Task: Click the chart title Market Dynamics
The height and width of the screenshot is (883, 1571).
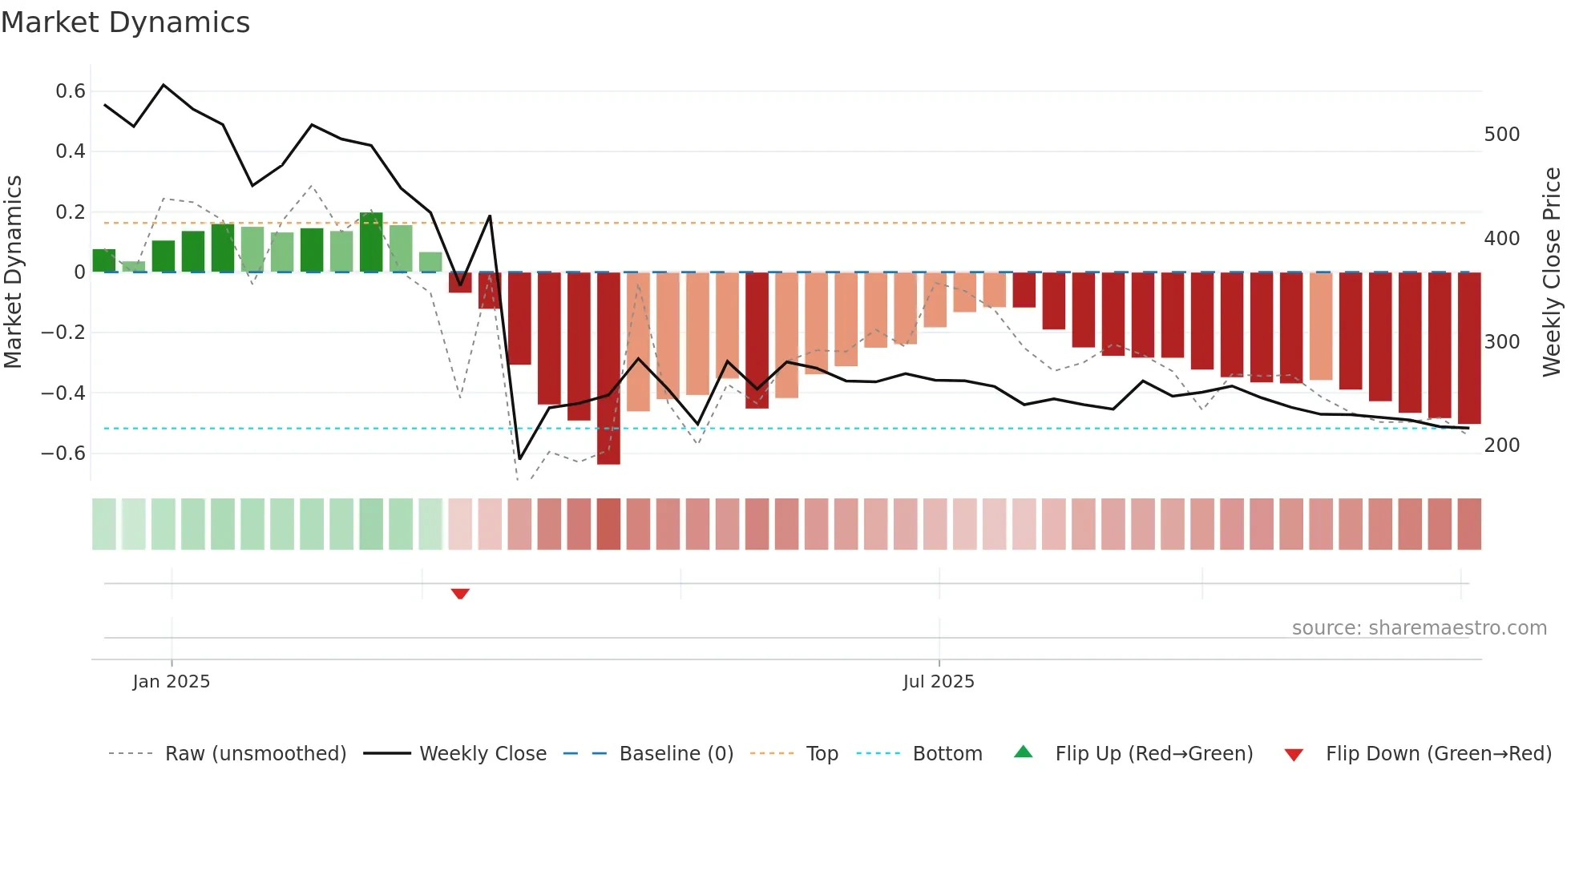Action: click(125, 22)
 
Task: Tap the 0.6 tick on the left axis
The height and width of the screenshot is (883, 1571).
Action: click(71, 91)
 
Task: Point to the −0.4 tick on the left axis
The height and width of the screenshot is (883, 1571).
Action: click(63, 393)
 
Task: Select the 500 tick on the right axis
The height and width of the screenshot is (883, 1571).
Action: click(1501, 135)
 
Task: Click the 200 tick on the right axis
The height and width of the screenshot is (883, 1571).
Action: click(1501, 446)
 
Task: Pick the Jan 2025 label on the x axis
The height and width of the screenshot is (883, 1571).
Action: click(172, 682)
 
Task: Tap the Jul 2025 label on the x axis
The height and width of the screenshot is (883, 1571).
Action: click(939, 682)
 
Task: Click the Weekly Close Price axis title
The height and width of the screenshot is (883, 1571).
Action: click(1552, 272)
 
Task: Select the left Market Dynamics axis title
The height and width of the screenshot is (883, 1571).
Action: click(13, 272)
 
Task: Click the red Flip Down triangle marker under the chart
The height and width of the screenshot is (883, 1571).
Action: click(460, 594)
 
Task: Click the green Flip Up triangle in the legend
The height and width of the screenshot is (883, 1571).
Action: click(1024, 752)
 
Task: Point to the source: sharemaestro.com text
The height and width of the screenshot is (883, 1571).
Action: click(1419, 628)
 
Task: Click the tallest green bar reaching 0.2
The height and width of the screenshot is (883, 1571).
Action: click(371, 242)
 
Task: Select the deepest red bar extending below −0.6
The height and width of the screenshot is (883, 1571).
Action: click(608, 369)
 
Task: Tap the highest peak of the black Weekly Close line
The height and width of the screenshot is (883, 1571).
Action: click(164, 85)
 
